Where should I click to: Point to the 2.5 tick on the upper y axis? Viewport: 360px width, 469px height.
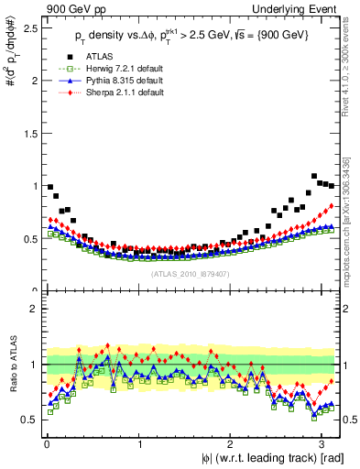pos(29,27)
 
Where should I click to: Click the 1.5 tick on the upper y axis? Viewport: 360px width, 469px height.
pos(29,133)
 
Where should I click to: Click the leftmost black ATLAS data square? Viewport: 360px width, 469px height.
pos(49,187)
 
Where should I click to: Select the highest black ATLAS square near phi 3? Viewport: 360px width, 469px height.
pos(314,176)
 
